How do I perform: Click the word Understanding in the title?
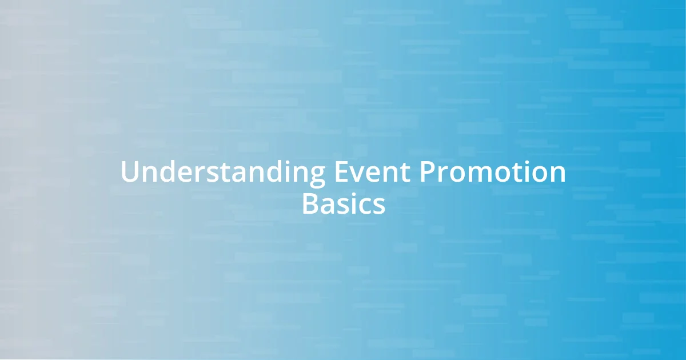click(x=223, y=172)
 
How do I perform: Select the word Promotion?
click(x=492, y=172)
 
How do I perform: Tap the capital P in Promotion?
click(x=428, y=172)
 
